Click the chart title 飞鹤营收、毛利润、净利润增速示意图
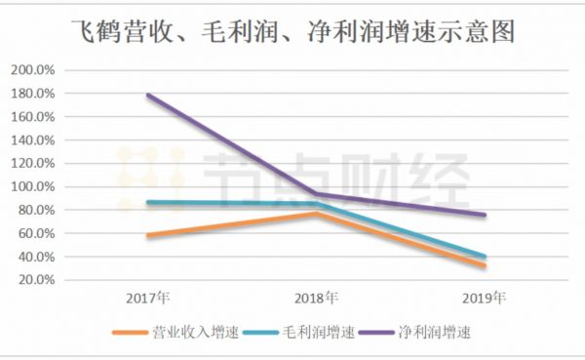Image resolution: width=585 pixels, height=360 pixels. click(x=292, y=32)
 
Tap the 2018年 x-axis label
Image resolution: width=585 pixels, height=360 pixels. click(x=316, y=297)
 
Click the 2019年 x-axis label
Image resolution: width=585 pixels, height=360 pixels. click(x=484, y=297)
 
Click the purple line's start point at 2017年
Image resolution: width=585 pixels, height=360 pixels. click(x=147, y=96)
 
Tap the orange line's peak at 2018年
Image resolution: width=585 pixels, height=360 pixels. click(x=316, y=213)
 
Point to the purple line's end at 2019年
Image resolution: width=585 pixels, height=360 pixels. click(x=485, y=215)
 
